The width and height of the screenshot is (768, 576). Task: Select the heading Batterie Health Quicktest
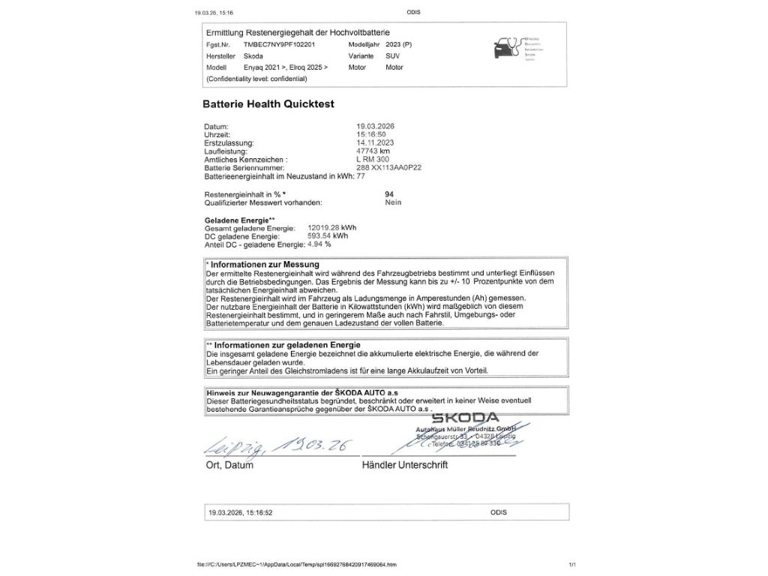(x=268, y=104)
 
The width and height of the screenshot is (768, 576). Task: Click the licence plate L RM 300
(x=373, y=160)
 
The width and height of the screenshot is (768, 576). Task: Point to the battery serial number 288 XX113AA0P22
(x=388, y=168)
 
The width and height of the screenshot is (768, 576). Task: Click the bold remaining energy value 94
(x=388, y=194)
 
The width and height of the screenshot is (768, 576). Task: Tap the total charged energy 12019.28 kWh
(x=332, y=227)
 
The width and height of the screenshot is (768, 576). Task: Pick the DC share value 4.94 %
(x=319, y=244)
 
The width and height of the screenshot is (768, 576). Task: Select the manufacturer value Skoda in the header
(x=253, y=56)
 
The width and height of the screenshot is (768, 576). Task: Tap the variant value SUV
(x=392, y=56)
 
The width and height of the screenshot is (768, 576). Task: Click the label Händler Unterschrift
(x=404, y=466)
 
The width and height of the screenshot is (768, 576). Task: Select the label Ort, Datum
(x=229, y=466)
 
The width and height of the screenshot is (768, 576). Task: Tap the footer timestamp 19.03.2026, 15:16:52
(x=241, y=513)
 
